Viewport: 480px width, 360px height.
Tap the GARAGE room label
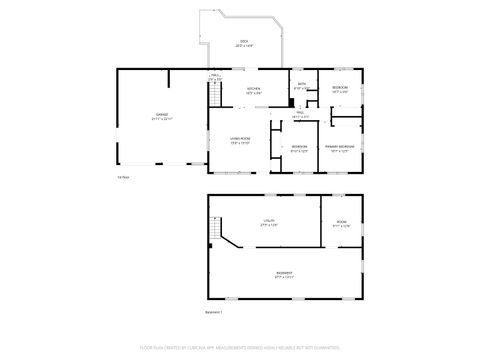(x=161, y=117)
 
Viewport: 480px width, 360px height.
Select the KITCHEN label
(x=254, y=89)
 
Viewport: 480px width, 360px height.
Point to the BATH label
(x=301, y=86)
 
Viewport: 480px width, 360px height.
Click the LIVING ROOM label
(x=239, y=140)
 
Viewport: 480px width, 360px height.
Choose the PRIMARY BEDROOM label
(x=339, y=148)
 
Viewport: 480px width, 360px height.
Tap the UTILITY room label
(x=268, y=221)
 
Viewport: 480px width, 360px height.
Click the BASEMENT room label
(x=285, y=274)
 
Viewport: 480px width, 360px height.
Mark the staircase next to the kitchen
(x=213, y=96)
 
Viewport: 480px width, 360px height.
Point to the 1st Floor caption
(x=123, y=177)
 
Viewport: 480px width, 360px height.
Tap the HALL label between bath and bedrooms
(x=299, y=114)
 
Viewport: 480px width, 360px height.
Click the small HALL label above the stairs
(x=214, y=77)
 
